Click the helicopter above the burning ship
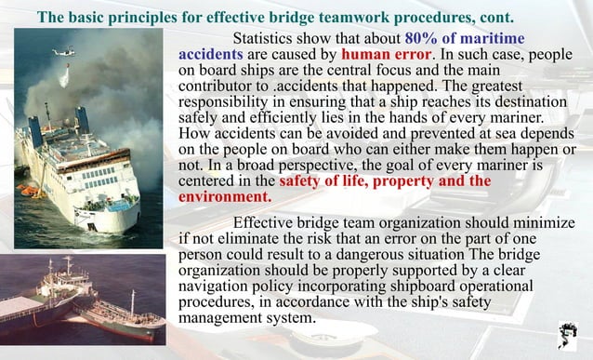click(x=64, y=52)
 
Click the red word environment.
click(x=224, y=196)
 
